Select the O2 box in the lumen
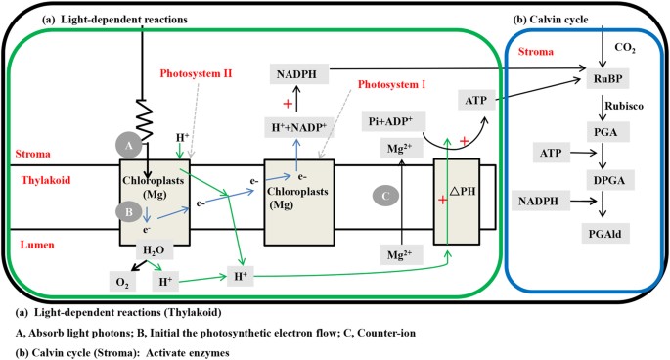click(x=122, y=282)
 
